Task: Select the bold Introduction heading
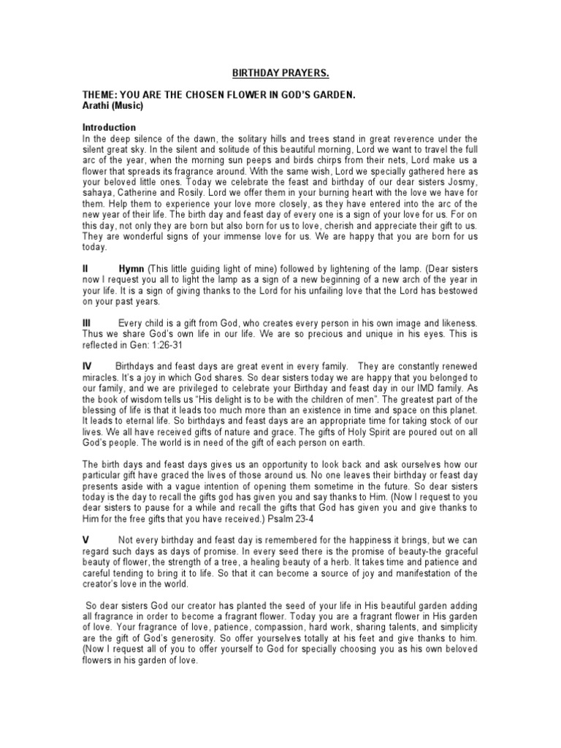tap(110, 127)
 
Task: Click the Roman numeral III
tap(87, 322)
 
